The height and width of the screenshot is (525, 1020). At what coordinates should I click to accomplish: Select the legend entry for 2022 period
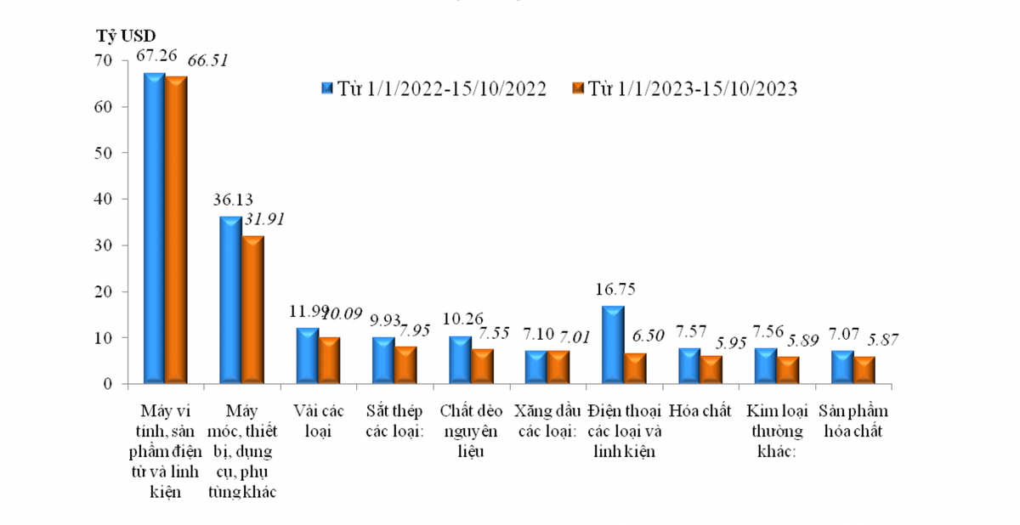click(433, 88)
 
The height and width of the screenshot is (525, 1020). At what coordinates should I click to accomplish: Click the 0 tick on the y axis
click(108, 384)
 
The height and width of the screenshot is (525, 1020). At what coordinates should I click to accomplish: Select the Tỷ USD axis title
click(124, 37)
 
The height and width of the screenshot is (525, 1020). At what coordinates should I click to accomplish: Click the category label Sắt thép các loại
click(394, 421)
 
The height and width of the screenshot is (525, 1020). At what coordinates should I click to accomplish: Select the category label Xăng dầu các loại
click(546, 421)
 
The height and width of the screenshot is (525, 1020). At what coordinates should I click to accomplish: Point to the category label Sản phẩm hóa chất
click(853, 421)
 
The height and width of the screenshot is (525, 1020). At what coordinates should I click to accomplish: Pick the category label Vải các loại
click(318, 421)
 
